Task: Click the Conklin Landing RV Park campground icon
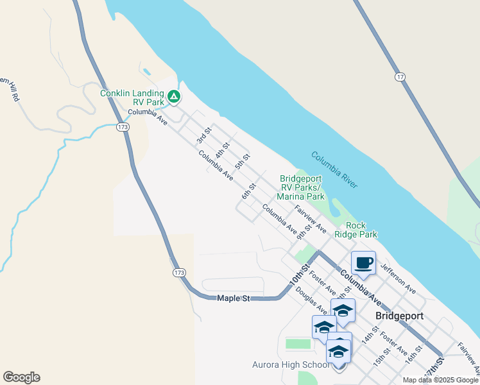click(173, 98)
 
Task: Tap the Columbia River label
click(334, 169)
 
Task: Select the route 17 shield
click(400, 77)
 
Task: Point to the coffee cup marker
click(363, 262)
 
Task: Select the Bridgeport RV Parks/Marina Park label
click(300, 187)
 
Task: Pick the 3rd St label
click(203, 136)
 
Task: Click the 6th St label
click(249, 191)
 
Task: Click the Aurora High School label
click(291, 365)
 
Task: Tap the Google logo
click(21, 377)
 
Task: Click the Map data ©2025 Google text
click(441, 380)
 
